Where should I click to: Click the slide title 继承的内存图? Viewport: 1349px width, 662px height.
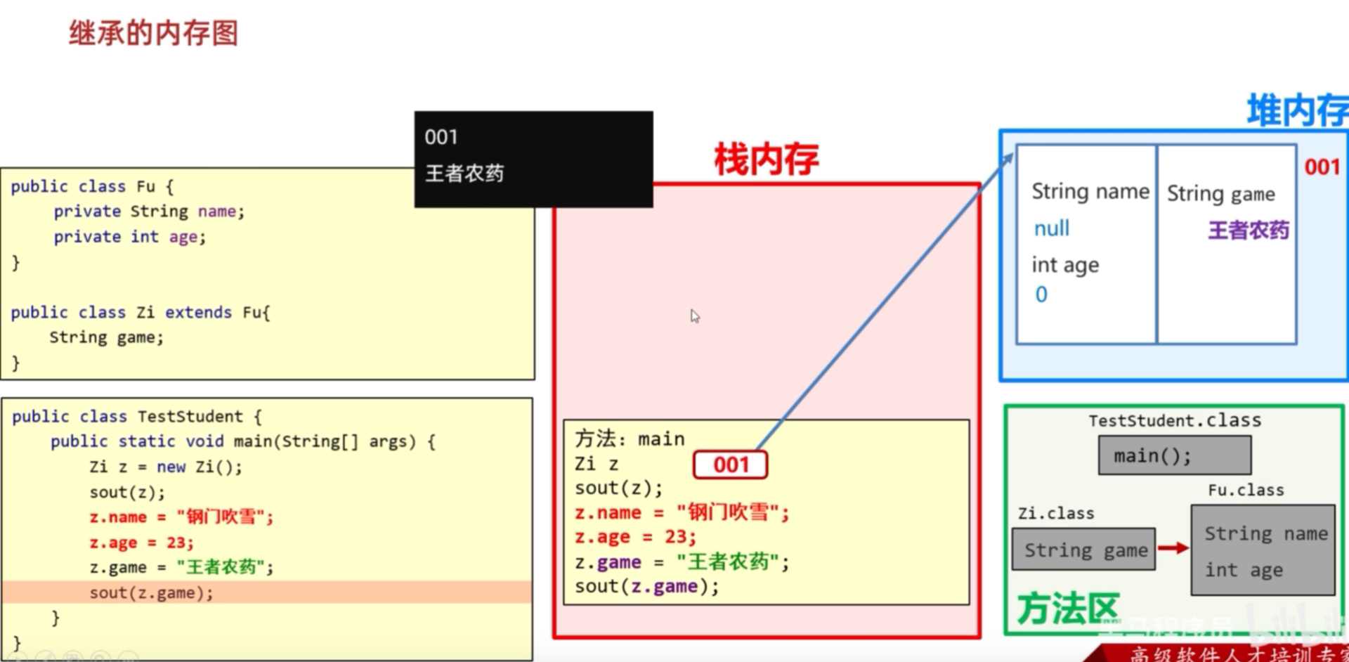click(x=153, y=33)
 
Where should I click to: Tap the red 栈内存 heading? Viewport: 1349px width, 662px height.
click(x=766, y=159)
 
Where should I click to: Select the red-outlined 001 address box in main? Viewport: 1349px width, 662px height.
click(x=730, y=465)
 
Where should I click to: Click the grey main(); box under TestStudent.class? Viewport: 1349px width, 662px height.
click(x=1174, y=455)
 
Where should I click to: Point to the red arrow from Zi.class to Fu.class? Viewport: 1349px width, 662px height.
click(x=1172, y=547)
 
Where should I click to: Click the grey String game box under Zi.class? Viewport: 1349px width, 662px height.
click(x=1084, y=550)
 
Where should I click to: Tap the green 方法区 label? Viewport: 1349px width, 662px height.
click(x=1067, y=609)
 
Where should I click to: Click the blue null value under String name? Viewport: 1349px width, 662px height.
click(x=1051, y=228)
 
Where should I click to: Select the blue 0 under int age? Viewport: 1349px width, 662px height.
click(x=1041, y=294)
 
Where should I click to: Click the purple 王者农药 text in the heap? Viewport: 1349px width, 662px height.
click(x=1248, y=230)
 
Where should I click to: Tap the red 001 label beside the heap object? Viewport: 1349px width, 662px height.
click(x=1322, y=167)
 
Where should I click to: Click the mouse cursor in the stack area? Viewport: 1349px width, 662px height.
click(x=695, y=316)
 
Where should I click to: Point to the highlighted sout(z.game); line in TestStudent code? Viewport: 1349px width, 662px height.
click(x=151, y=592)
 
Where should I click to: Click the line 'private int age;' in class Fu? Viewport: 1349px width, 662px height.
click(x=130, y=237)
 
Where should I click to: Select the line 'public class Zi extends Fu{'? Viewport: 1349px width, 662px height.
click(x=141, y=312)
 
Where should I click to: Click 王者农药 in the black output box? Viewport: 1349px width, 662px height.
click(x=464, y=173)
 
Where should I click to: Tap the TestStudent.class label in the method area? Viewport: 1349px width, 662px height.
click(x=1174, y=420)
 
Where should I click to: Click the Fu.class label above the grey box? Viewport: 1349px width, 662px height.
click(x=1245, y=490)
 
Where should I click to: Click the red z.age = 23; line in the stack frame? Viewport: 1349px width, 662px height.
click(x=635, y=537)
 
